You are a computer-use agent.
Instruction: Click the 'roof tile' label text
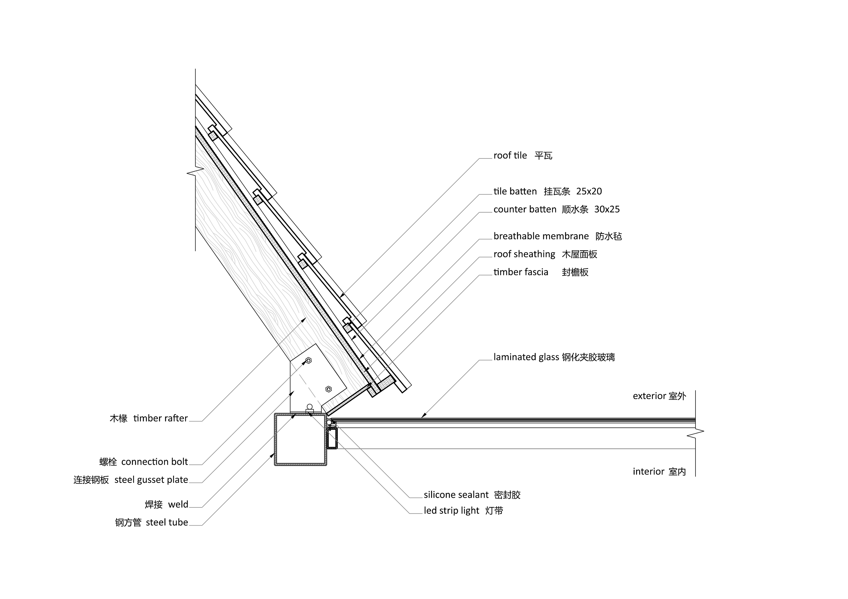point(510,155)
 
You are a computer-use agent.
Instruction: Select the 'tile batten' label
point(515,191)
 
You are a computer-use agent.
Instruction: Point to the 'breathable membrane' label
point(541,236)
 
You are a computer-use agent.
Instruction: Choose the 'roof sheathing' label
point(524,254)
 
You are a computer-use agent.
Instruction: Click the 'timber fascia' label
point(521,272)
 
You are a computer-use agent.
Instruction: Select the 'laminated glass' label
point(526,357)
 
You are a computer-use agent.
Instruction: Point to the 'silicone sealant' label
point(456,495)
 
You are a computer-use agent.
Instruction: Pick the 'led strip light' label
point(451,511)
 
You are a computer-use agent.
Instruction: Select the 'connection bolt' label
point(154,462)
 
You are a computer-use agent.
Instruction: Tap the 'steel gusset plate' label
point(151,480)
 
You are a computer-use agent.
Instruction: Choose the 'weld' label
point(178,504)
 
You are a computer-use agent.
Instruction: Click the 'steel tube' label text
point(167,522)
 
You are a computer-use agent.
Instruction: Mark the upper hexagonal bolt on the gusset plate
point(309,360)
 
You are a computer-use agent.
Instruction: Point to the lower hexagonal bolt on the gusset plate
point(328,389)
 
